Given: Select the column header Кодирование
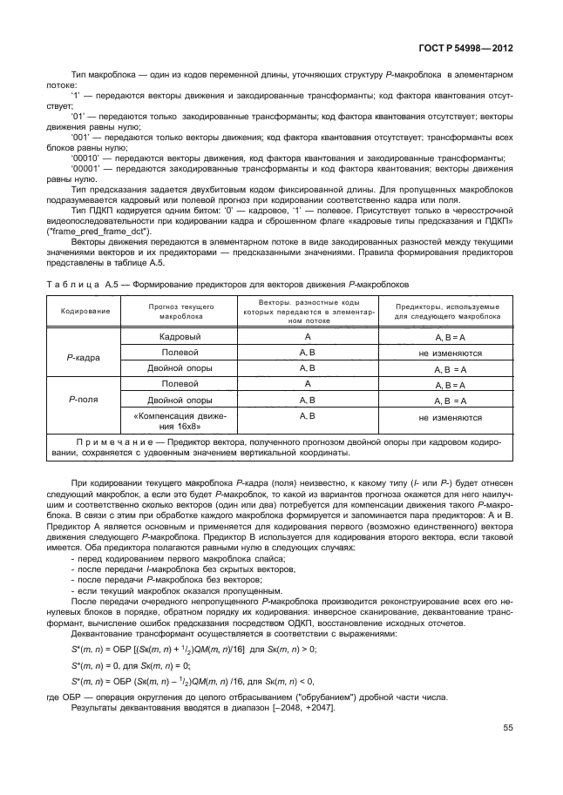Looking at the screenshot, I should point(85,312).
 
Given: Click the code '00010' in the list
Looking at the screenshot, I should point(85,158).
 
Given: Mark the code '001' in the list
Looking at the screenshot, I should point(81,137).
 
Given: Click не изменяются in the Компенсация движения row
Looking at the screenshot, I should point(450,418).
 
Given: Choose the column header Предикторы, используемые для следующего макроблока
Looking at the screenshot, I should point(450,312).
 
